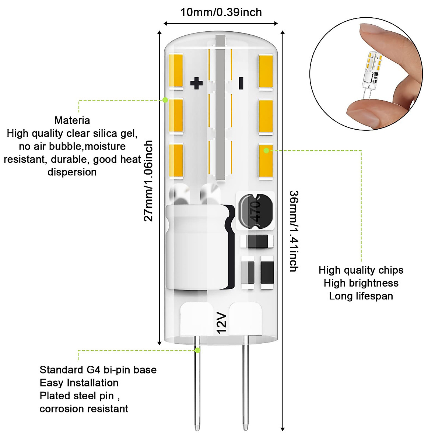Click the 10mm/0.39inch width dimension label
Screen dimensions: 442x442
tap(221, 13)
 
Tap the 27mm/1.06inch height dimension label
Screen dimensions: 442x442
tap(148, 180)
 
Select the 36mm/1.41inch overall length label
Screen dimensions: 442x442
tap(294, 231)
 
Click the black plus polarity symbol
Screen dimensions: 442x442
tap(196, 83)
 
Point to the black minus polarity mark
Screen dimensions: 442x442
tap(241, 83)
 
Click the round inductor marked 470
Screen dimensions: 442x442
tap(256, 210)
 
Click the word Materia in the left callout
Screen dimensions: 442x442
tap(72, 120)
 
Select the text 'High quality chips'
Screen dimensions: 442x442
tap(361, 270)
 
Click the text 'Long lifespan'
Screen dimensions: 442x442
tap(361, 296)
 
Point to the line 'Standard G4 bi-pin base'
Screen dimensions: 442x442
tap(98, 370)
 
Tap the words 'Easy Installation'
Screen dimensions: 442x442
tap(79, 383)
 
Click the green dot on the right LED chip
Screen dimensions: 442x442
tap(266, 150)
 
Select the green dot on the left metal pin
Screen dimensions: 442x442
tap(198, 350)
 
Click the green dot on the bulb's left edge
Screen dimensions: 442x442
tap(165, 100)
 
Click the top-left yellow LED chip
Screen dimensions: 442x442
tap(176, 71)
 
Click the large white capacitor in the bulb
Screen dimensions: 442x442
tap(199, 247)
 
